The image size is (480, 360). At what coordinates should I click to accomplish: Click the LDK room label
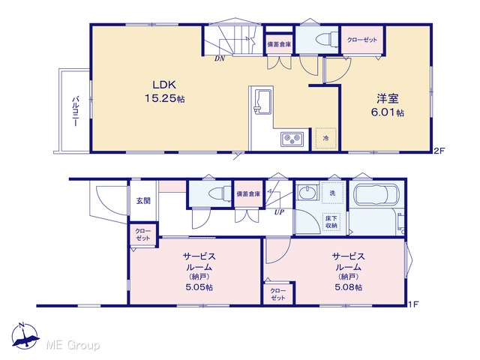coord(164,85)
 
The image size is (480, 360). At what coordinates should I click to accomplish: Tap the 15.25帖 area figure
coord(164,98)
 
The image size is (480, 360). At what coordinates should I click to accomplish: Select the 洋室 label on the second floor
coord(388,98)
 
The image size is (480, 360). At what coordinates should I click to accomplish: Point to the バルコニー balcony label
coord(76,112)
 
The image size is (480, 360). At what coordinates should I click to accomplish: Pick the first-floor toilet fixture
coord(220,193)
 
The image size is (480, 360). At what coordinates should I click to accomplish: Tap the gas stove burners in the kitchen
coord(292,139)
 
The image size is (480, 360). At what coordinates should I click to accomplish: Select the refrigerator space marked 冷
coord(325,138)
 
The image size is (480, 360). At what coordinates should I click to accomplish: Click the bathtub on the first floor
coord(376,194)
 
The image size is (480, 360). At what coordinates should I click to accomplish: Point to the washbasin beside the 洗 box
coord(307,193)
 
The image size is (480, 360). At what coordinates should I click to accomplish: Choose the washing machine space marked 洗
coord(332,193)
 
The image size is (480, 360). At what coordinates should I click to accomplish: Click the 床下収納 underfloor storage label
coord(331,222)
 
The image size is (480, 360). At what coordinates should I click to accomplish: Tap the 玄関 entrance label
coord(143,201)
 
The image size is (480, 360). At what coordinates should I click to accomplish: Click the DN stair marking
coord(220,58)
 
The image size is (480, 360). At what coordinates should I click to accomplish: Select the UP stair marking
coord(279,211)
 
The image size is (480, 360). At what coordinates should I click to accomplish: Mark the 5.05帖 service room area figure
coord(199,287)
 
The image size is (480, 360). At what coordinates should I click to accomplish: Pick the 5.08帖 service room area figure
coord(348,287)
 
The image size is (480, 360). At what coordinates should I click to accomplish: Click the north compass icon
coord(25,336)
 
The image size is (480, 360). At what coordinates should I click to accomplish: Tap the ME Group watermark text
coord(73,345)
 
